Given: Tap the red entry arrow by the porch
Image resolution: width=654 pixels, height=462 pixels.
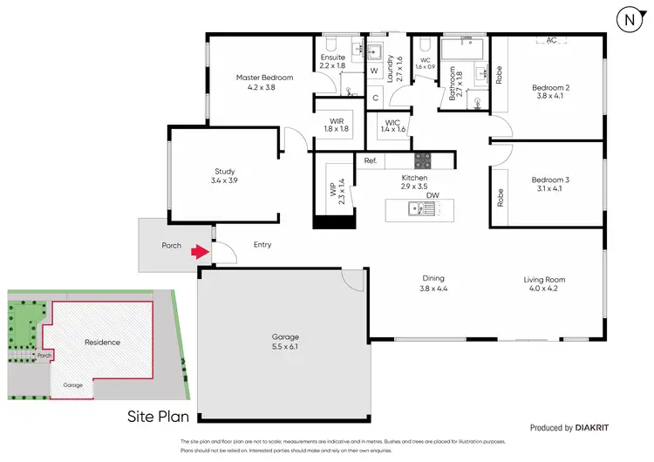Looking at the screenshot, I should [x=201, y=252].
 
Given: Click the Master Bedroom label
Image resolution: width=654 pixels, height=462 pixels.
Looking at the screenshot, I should [x=264, y=82].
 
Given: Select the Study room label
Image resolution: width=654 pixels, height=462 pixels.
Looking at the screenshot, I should [x=225, y=176].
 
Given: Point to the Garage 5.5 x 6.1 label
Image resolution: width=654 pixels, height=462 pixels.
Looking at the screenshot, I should [x=284, y=342].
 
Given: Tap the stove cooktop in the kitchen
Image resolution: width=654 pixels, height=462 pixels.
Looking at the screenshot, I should [x=423, y=160].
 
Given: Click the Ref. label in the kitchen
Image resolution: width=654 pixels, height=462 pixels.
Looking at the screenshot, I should [x=370, y=161].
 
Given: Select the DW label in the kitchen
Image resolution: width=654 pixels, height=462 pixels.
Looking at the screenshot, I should [x=433, y=195].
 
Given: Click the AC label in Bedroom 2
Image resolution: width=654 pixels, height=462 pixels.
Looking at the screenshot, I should [x=552, y=40].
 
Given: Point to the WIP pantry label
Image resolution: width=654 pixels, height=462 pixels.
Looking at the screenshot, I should [x=331, y=190].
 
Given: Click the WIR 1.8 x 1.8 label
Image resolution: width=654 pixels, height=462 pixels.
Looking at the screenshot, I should [x=337, y=125].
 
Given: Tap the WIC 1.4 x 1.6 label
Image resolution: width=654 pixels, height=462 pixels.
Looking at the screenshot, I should [x=392, y=125].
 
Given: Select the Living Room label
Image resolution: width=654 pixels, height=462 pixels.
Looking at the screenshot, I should [x=544, y=284].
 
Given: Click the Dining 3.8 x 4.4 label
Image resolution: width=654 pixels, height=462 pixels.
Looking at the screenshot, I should [x=433, y=284].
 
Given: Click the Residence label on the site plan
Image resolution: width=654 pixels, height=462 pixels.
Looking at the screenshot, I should [x=102, y=343].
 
